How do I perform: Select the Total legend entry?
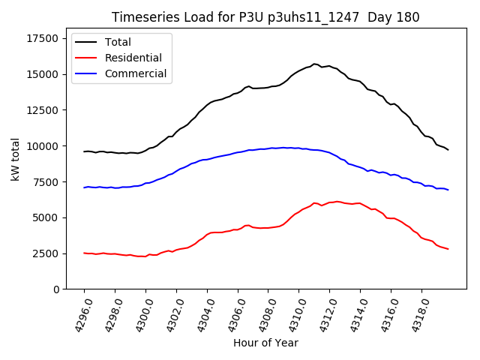(x=118, y=42)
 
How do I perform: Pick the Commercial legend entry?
(x=136, y=73)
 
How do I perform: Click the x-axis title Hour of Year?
(x=265, y=343)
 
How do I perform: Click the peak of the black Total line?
(x=314, y=64)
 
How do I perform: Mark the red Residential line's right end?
(x=448, y=249)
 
